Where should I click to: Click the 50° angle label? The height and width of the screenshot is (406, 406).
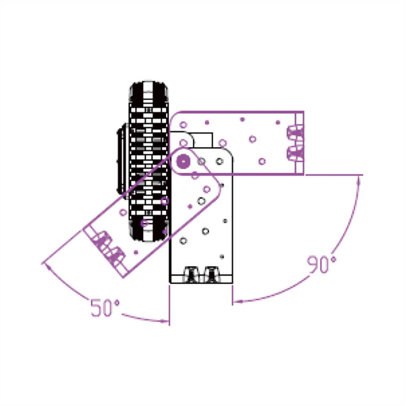pos(105,308)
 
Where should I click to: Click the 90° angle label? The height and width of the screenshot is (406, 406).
pos(321,264)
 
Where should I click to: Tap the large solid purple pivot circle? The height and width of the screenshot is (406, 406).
pos(184,161)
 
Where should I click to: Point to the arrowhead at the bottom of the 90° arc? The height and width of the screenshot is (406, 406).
pos(238,301)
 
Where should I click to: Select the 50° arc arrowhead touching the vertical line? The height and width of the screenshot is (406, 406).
pos(165,322)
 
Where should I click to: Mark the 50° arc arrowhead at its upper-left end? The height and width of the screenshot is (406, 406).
pos(48,266)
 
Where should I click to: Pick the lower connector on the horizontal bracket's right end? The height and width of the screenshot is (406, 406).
pos(296,153)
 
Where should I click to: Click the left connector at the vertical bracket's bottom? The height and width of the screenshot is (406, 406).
pos(191,274)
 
